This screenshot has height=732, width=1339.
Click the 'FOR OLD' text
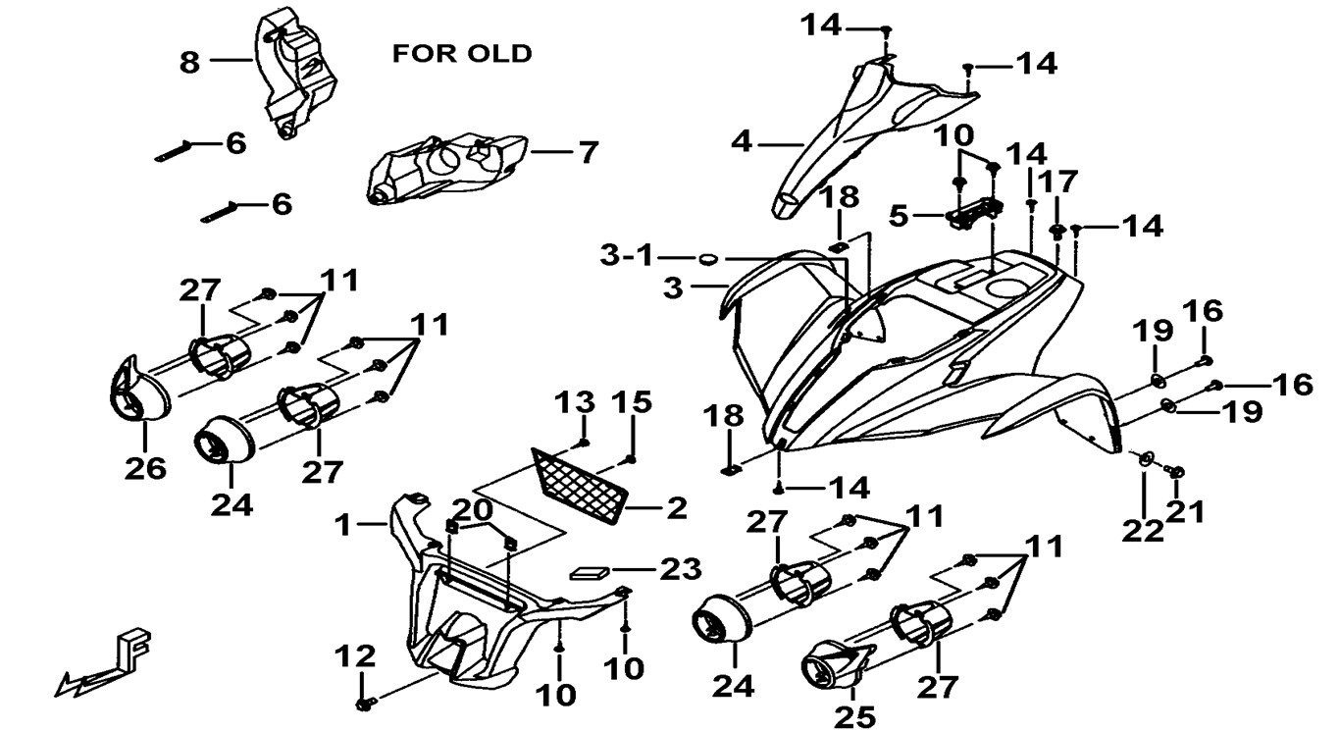pos(461,53)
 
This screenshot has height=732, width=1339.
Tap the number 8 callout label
pos(189,63)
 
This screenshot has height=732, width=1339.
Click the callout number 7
pos(587,153)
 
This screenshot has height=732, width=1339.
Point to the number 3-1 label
pos(626,257)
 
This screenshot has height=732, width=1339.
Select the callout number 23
pos(681,568)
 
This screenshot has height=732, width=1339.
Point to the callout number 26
pos(144,469)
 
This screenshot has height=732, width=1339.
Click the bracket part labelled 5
pos(974,210)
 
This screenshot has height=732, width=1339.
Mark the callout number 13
pos(576,401)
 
